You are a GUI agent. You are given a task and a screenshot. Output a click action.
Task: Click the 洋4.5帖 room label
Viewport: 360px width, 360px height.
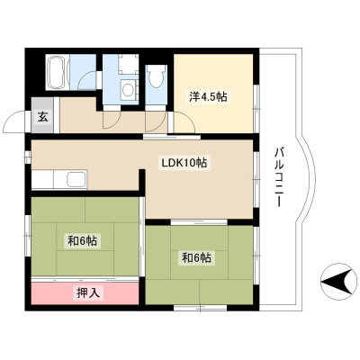coord(208,96)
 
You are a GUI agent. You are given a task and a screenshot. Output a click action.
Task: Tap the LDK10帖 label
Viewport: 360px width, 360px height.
coord(184,163)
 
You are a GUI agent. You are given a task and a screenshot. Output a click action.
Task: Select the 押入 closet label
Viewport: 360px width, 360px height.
coord(88,292)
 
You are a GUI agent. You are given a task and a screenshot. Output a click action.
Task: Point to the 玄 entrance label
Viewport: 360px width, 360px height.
coord(42,117)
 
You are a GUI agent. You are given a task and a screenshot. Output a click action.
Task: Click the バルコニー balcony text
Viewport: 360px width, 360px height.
coord(279,177)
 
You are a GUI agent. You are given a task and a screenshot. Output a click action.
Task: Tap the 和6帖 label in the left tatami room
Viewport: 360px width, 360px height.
coord(82,240)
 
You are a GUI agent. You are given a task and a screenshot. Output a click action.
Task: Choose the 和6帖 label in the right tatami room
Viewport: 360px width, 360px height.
coord(197,257)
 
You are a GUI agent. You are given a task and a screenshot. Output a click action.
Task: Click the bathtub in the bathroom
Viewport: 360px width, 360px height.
coord(58,72)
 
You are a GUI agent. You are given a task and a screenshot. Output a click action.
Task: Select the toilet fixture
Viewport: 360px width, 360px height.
coord(156,76)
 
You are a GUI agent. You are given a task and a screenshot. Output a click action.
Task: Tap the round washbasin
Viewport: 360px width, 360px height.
coord(129,89)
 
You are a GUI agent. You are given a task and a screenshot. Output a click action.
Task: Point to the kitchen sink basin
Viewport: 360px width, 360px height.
coord(76,179)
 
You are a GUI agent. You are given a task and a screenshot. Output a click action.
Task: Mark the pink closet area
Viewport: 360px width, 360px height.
coord(85,293)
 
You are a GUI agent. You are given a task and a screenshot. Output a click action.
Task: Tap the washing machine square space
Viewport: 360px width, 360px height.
coord(129,64)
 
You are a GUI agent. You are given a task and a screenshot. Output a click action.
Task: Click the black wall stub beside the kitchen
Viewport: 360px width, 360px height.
coord(142,180)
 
